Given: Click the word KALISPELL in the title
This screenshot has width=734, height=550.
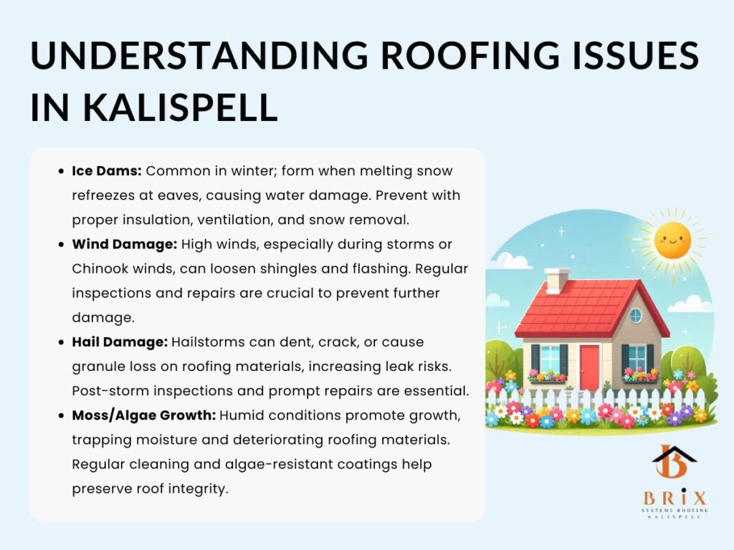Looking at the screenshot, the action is (180, 107).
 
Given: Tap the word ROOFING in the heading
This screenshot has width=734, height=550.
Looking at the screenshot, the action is (470, 56).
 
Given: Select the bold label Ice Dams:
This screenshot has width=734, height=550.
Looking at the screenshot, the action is (107, 170).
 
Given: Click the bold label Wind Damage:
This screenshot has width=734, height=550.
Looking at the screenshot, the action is (125, 245).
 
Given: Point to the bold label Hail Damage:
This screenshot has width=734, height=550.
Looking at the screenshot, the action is (120, 342).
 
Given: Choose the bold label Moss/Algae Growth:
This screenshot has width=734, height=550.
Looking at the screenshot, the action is (143, 416).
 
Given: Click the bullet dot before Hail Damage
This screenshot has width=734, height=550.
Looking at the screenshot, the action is (61, 342).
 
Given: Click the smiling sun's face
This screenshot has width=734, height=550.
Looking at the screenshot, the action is (672, 241).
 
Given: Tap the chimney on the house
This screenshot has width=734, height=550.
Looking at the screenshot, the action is (557, 281).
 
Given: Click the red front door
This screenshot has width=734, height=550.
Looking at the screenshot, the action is (589, 367).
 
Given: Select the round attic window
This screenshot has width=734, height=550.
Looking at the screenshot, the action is (636, 316).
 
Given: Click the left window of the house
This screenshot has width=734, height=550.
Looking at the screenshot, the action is (550, 360).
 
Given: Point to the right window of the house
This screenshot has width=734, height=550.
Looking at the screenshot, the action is (637, 360).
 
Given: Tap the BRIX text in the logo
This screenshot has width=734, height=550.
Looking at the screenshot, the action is (675, 497).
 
